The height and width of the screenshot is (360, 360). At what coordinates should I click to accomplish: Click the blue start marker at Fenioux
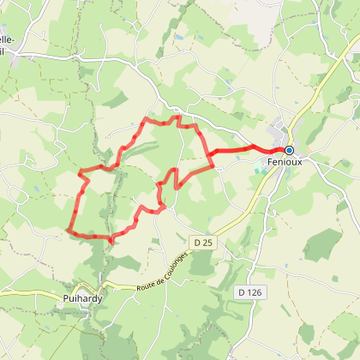[289, 150]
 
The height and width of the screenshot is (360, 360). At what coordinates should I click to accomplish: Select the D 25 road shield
[203, 243]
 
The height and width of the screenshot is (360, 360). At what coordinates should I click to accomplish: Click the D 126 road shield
[248, 292]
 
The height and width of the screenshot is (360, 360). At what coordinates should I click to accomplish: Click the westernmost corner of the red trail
[67, 229]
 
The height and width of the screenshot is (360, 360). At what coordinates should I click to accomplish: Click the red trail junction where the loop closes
[209, 155]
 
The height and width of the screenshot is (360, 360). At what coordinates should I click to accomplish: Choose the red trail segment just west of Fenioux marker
[266, 150]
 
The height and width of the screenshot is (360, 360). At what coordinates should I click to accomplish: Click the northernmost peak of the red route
[178, 116]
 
